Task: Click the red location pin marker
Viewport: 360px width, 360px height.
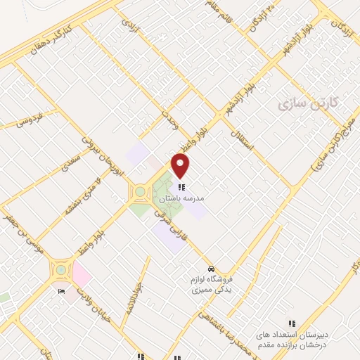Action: (x=181, y=166)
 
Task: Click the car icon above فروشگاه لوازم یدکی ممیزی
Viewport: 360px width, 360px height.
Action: (x=210, y=269)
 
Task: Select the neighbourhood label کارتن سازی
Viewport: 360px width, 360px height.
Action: (x=308, y=103)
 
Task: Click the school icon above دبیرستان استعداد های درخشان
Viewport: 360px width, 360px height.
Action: (x=292, y=324)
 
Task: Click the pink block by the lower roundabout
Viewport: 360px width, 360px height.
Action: (x=80, y=273)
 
